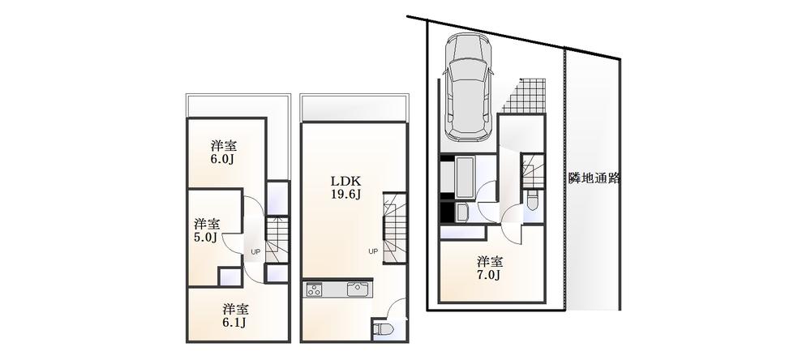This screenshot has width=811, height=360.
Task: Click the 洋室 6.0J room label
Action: point(223,152)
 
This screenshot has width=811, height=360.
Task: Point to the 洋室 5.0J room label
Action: point(205,229)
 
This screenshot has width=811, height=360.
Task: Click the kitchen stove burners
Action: point(315,289)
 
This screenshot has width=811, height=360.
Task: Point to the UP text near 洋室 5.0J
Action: point(255,251)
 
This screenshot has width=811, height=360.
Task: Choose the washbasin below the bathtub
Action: point(462,212)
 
